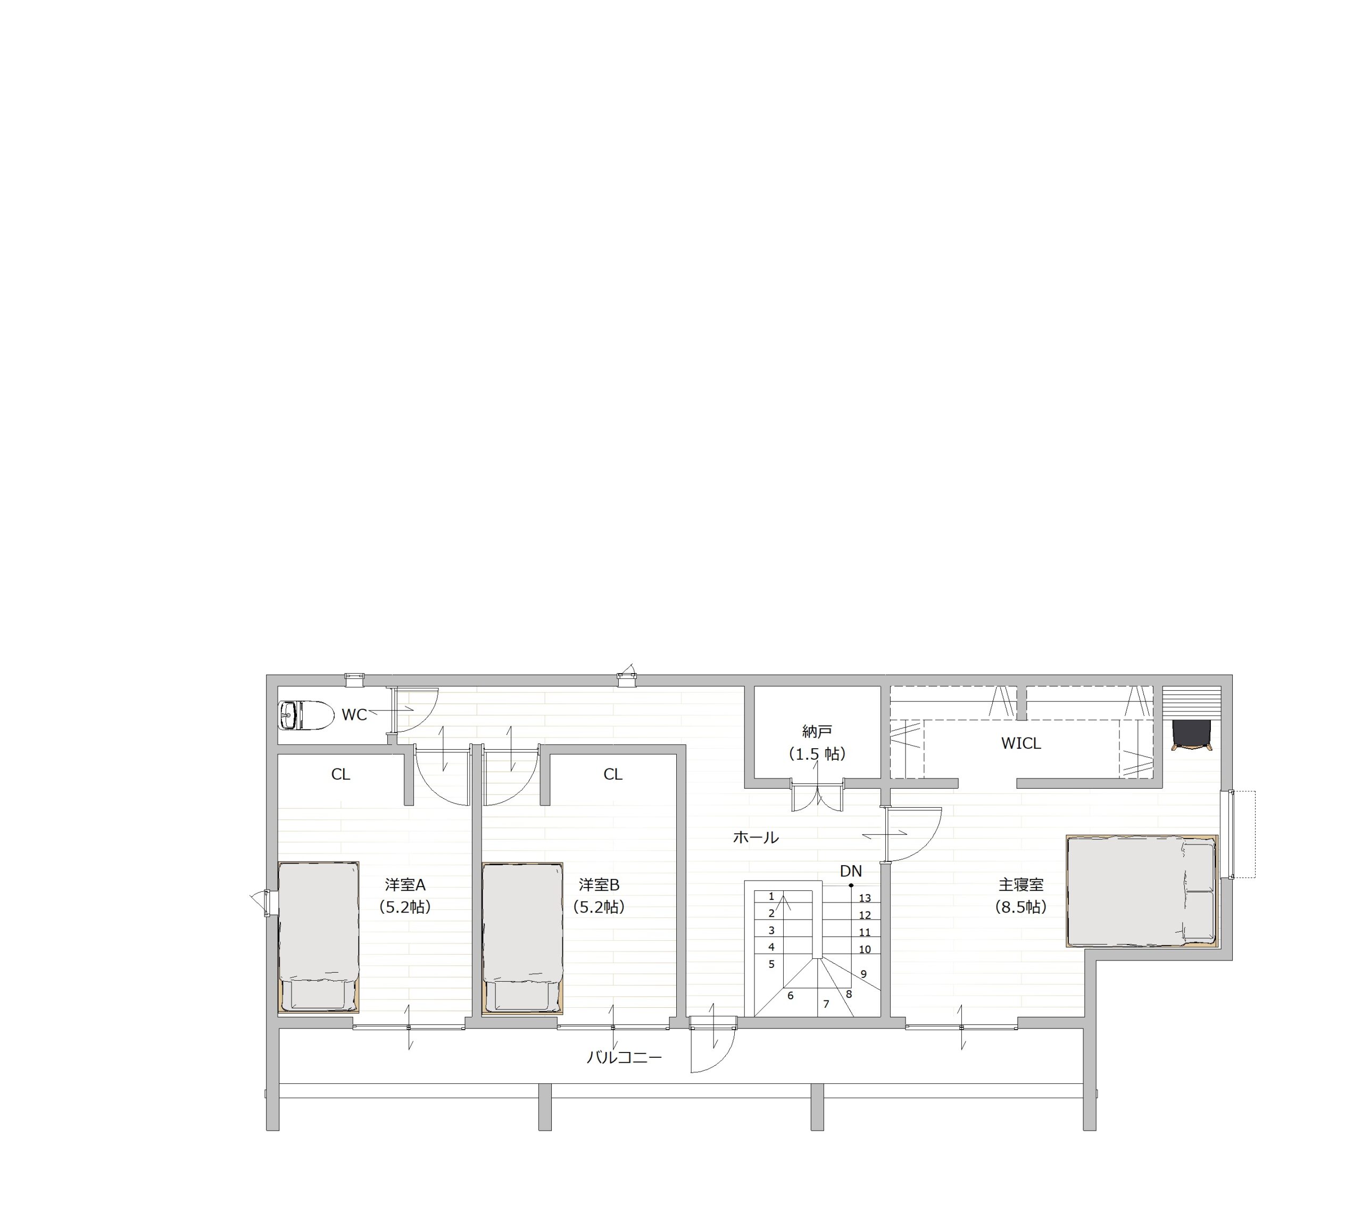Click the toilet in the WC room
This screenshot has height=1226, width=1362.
tap(306, 715)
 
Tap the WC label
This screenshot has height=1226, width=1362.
tap(354, 715)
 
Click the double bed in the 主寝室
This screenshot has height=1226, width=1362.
tap(1142, 891)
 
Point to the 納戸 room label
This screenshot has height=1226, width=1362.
tap(817, 731)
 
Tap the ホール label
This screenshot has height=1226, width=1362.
tap(756, 838)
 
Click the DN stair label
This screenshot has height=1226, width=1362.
tap(851, 871)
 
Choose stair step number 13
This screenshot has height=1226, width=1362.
tap(865, 898)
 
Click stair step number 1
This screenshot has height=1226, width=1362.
tap(771, 897)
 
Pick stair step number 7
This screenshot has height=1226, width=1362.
tap(826, 1004)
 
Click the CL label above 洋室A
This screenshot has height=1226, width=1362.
tap(341, 775)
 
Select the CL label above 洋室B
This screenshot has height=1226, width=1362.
tap(613, 775)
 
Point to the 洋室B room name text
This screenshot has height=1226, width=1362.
tap(599, 884)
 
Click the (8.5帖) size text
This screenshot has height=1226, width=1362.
tap(1021, 907)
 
